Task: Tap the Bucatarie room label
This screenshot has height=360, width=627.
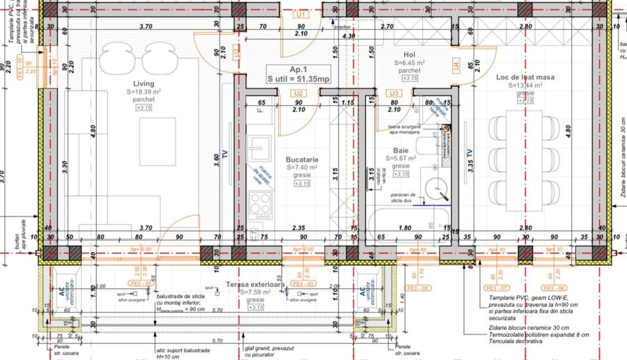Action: pos(302,159)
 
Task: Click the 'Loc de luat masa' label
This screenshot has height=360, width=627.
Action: pos(525,77)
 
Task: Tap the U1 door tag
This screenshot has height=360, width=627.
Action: pos(301,14)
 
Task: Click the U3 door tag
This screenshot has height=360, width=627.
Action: pos(394,93)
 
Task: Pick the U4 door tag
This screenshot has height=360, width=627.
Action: pos(456,67)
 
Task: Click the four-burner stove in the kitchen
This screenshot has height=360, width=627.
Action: pos(261,203)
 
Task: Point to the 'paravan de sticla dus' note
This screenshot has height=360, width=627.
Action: pos(403,198)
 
